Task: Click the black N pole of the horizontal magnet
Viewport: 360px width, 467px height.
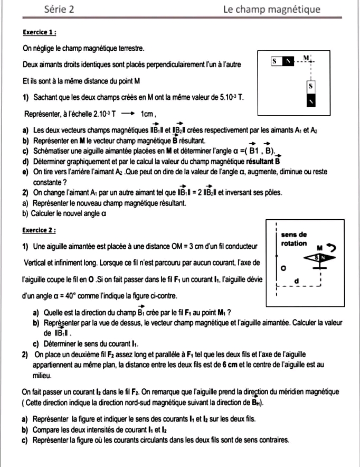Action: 288,62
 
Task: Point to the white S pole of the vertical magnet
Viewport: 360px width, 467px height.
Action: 311,86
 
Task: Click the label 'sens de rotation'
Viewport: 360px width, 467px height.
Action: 294,239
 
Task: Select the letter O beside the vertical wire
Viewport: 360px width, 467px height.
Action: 283,269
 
